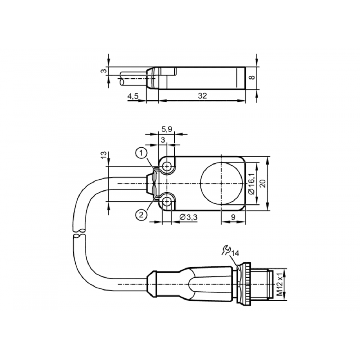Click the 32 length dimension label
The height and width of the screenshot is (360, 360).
(202, 95)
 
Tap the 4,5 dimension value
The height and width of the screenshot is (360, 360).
(133, 96)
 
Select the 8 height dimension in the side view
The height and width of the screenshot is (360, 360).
(252, 77)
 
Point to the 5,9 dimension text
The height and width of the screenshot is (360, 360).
(167, 129)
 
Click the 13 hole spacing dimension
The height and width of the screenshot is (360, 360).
(104, 155)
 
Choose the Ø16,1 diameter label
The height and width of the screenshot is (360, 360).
(252, 184)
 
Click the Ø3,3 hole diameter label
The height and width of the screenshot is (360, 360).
(188, 217)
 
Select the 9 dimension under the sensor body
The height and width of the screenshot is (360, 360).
(233, 217)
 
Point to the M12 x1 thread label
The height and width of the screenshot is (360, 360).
(279, 284)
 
